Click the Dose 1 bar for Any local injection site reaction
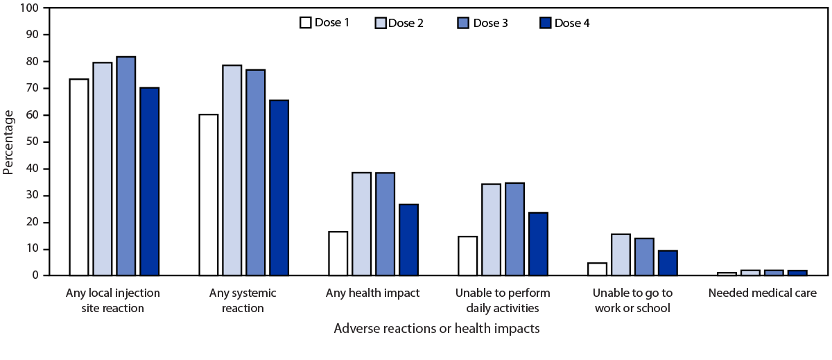pyautogui.click(x=79, y=178)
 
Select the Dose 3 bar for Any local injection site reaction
pyautogui.click(x=125, y=166)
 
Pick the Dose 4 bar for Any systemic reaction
pyautogui.click(x=279, y=188)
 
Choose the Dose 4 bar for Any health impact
pyautogui.click(x=408, y=240)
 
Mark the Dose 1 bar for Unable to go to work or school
pyautogui.click(x=597, y=269)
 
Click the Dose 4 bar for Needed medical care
pyautogui.click(x=797, y=273)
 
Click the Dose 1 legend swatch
pyautogui.click(x=305, y=22)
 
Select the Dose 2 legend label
pyautogui.click(x=406, y=23)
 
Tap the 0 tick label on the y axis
pyautogui.click(x=36, y=276)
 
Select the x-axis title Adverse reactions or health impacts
pyautogui.click(x=436, y=328)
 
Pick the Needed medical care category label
pyautogui.click(x=762, y=293)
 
